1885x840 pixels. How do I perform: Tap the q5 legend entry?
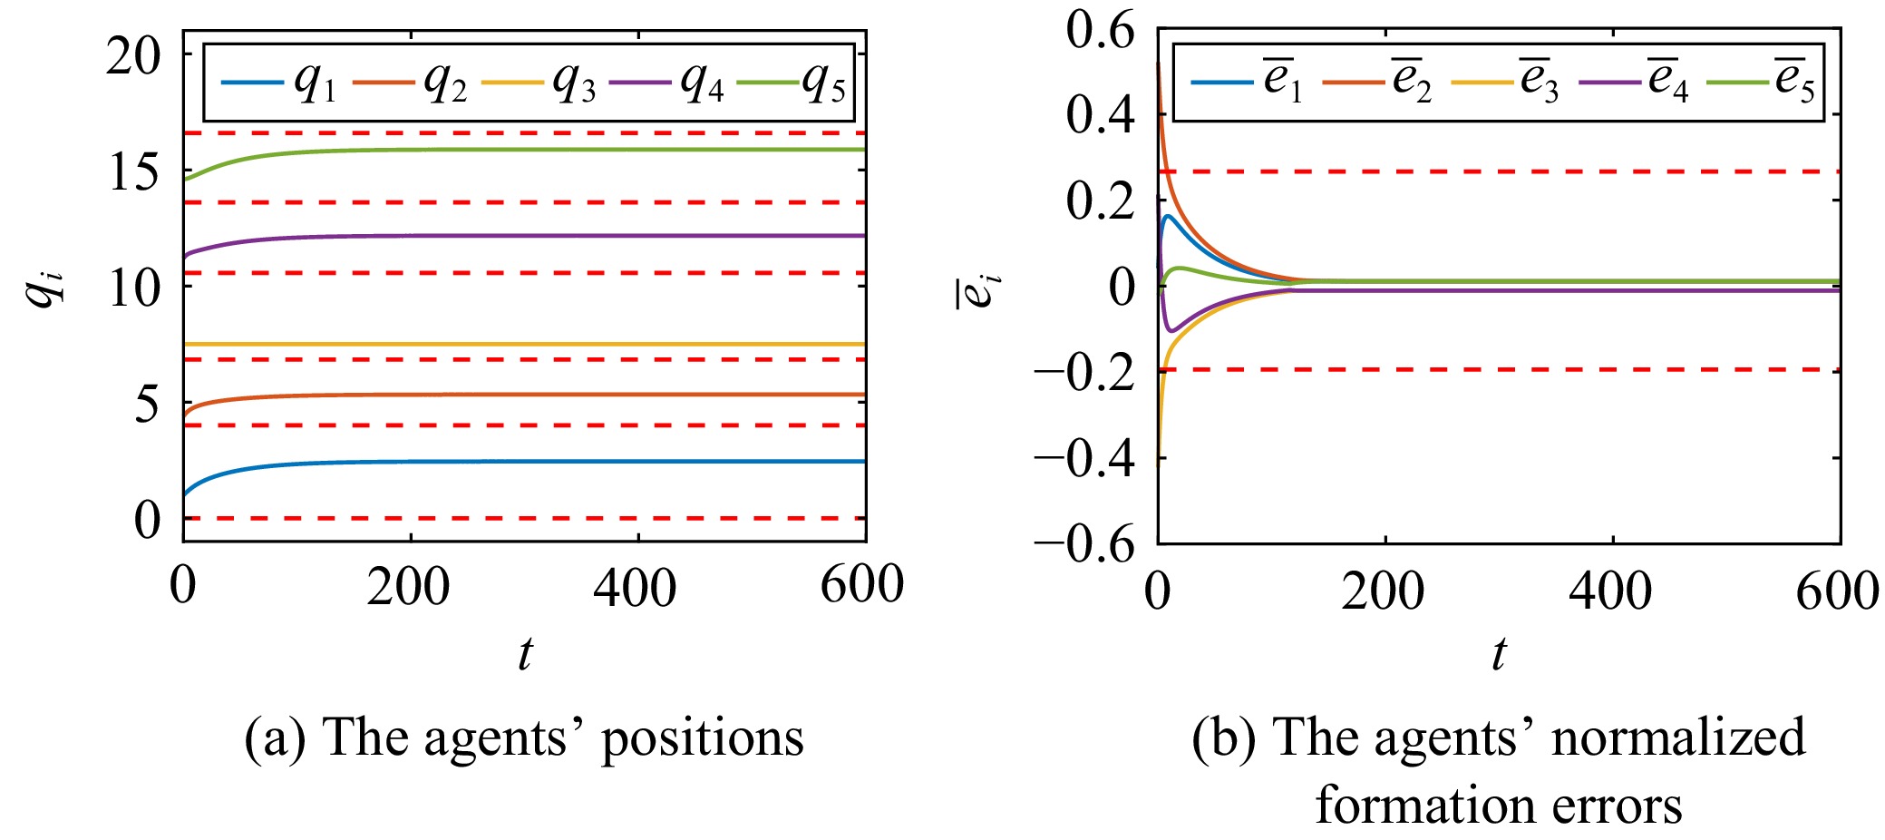click(x=793, y=83)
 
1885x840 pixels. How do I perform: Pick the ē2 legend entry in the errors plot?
click(x=1378, y=82)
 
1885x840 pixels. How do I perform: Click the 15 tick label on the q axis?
click(x=132, y=171)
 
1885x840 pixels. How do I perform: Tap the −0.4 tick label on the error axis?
click(x=1084, y=458)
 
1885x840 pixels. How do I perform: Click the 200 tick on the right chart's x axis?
click(x=1383, y=591)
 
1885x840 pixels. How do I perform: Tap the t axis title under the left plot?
click(x=525, y=653)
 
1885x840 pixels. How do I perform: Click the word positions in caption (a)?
click(x=703, y=737)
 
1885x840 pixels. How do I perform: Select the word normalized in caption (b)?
click(x=1677, y=737)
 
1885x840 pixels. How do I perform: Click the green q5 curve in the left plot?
click(x=544, y=150)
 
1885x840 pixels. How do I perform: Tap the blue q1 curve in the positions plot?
click(x=544, y=462)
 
